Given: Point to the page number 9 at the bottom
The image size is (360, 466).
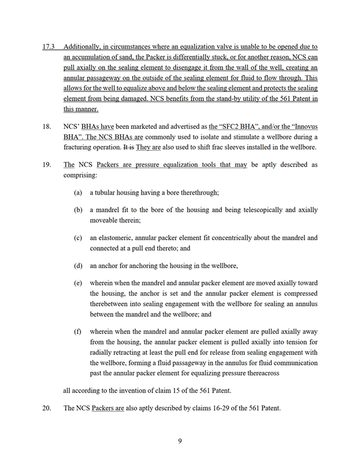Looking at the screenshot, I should pos(180,442).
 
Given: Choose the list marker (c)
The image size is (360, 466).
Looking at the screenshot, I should pos(78,238).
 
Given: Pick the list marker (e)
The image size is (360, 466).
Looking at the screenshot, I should pos(78,283).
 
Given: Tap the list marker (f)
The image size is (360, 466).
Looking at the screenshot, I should pos(78,331).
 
